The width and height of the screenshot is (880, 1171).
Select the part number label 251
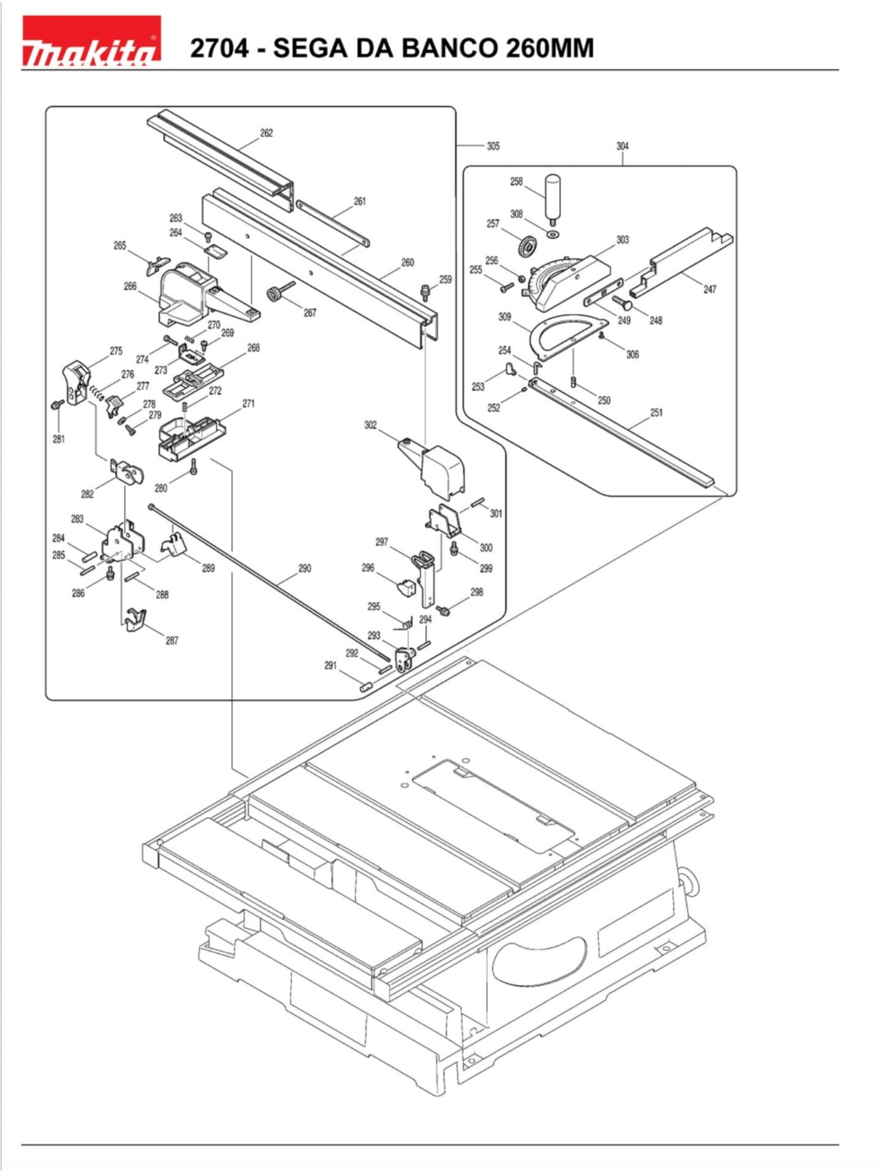point(656,412)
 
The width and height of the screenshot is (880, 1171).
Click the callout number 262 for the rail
point(266,133)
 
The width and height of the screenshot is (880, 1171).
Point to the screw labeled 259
point(424,290)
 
